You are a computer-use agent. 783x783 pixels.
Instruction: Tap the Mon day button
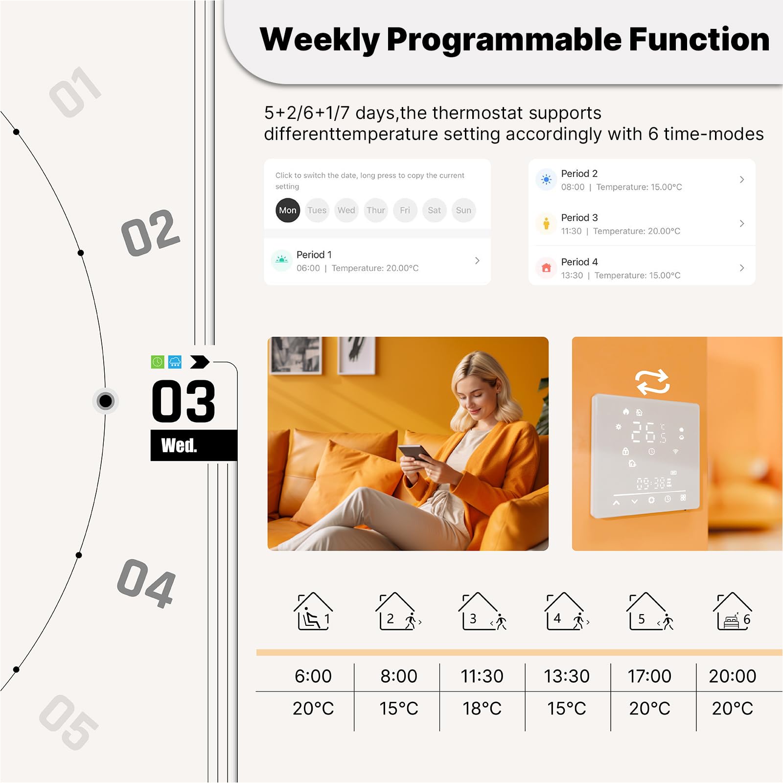tap(288, 210)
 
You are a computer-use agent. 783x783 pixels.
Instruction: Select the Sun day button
tap(463, 210)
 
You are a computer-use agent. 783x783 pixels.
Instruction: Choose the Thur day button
tap(376, 210)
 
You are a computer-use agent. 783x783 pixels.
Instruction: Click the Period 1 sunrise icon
tap(281, 260)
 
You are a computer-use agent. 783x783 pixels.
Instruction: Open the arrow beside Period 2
tap(742, 180)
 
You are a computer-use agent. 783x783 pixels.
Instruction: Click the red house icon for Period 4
tap(546, 268)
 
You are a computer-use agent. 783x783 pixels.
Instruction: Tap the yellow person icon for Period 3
tap(546, 224)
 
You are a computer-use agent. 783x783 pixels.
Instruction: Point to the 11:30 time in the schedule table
tap(482, 676)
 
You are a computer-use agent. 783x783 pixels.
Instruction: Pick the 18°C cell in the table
tap(482, 708)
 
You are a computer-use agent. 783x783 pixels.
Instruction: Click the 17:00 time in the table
tap(649, 676)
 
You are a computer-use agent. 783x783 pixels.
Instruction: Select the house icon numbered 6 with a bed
tap(733, 611)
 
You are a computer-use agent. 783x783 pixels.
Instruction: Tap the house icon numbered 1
tap(313, 611)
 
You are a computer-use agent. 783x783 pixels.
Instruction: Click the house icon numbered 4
tap(567, 611)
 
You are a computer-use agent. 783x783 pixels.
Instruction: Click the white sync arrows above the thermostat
tap(652, 382)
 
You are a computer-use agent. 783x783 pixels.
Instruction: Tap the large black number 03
tap(184, 401)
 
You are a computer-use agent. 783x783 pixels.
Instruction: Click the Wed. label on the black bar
tap(179, 445)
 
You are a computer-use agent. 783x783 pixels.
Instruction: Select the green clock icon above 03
tap(158, 362)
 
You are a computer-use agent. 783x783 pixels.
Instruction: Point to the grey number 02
tap(151, 232)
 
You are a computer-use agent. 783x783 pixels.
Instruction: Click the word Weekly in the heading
tap(320, 40)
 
